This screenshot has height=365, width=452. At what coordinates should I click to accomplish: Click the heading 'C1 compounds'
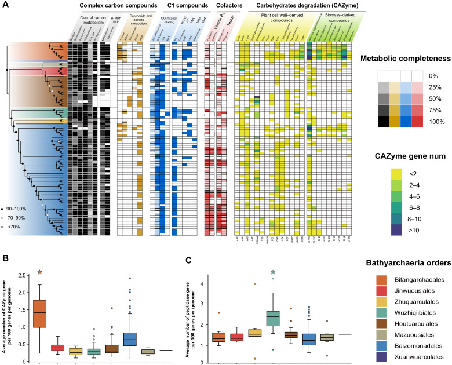click(x=178, y=7)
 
